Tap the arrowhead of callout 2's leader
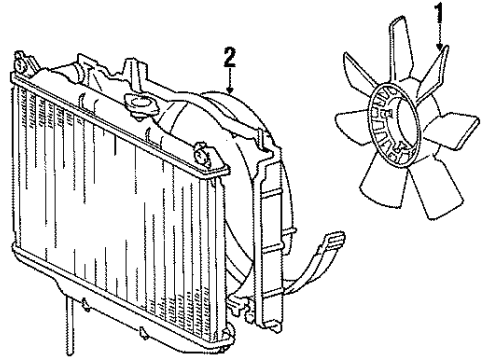click(x=230, y=92)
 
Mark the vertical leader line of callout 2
click(x=230, y=75)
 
